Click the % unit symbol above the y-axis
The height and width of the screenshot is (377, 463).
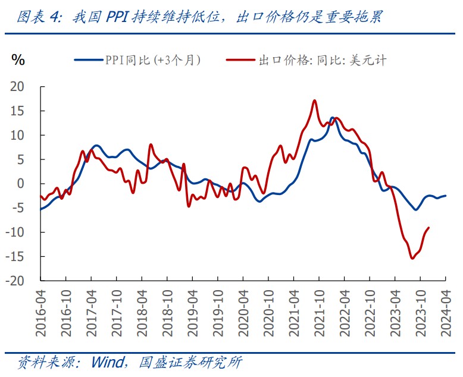coord(18,59)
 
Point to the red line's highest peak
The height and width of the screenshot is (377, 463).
coord(314,100)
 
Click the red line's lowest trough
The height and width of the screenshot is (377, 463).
coord(412,258)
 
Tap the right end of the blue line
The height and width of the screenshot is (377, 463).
coord(445,196)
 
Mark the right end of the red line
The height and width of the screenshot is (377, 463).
coord(429,228)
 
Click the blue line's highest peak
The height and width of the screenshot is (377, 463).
coord(332,118)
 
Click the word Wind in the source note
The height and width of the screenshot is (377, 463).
coord(107,362)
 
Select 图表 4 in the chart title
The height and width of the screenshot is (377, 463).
coord(38,18)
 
